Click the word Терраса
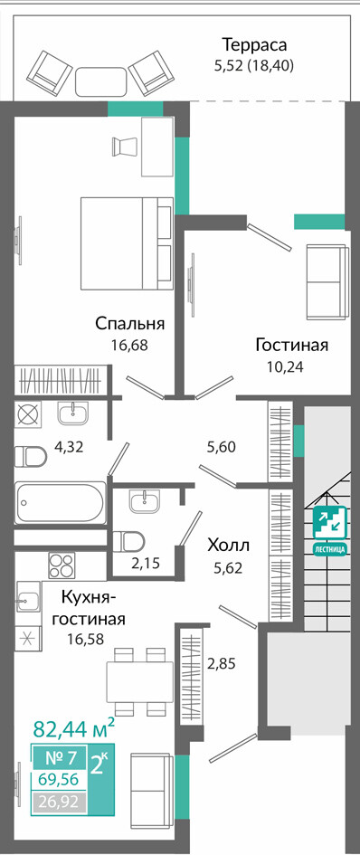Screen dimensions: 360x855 point(254,44)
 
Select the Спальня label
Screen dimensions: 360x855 point(130,323)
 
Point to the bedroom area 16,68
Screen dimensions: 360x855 point(130,345)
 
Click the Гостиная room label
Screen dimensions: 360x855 point(292,345)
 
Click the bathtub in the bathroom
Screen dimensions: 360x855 point(61,501)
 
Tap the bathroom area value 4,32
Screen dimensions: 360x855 point(70,448)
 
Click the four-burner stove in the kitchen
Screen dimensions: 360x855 point(63,565)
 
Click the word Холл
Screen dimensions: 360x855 point(228,545)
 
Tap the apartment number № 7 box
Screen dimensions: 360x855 point(60,758)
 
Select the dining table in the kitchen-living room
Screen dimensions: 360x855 point(139,681)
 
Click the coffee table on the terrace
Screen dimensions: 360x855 point(101,81)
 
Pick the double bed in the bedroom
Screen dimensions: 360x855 point(127,243)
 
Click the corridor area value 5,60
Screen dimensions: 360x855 point(221,448)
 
